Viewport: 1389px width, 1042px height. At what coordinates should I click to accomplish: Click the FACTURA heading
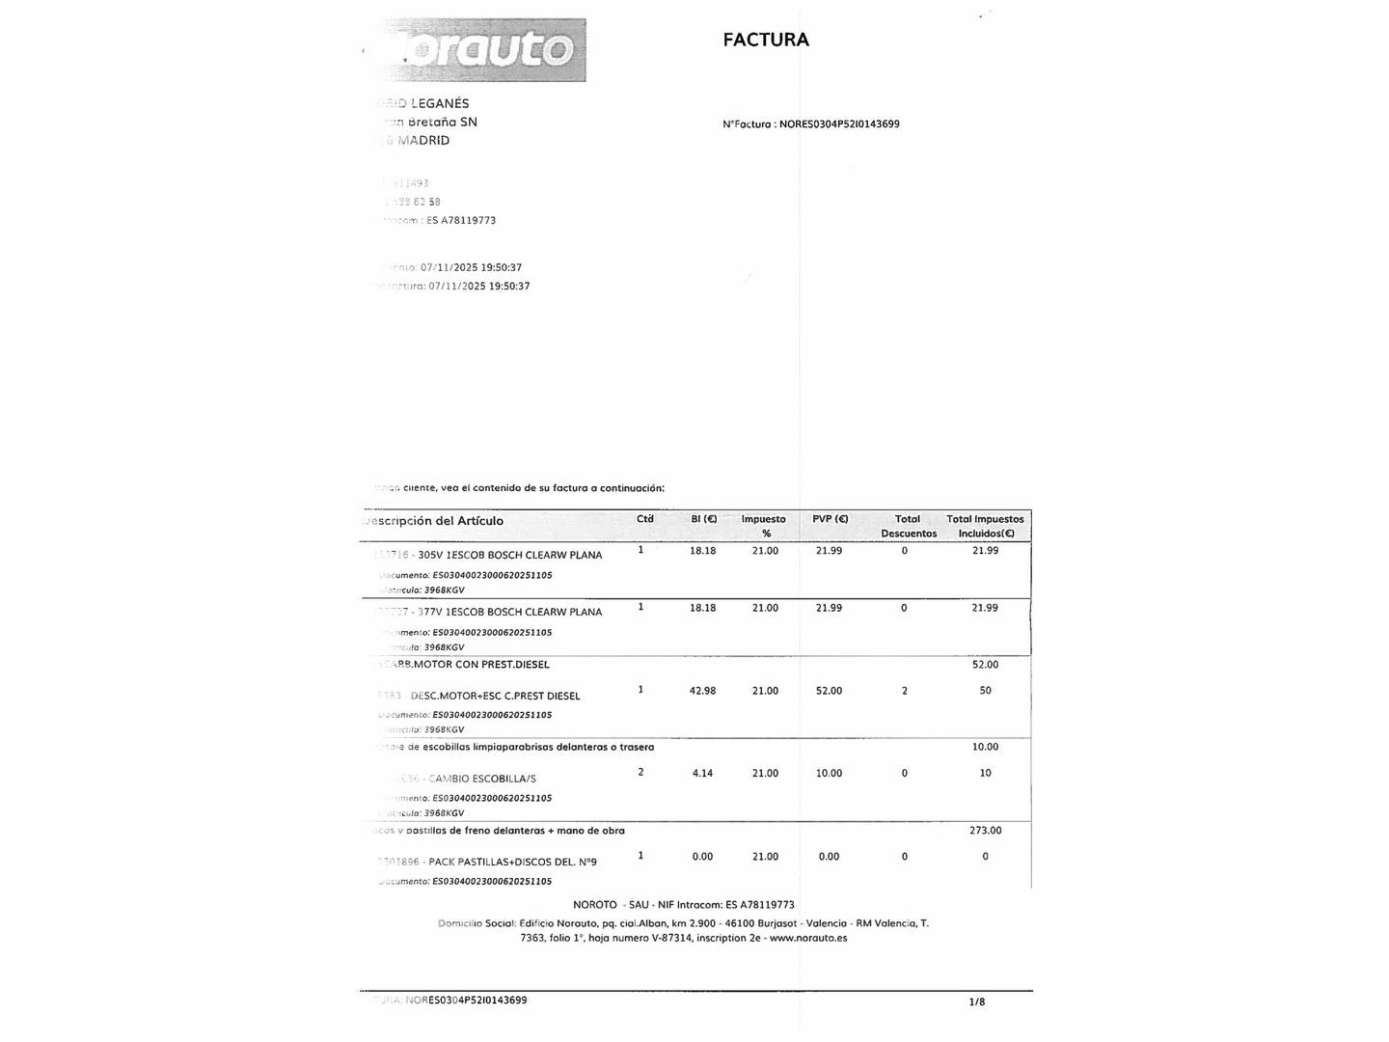(x=765, y=40)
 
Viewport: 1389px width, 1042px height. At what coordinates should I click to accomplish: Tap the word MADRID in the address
(x=423, y=141)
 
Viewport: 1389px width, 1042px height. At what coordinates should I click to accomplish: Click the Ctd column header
(x=644, y=519)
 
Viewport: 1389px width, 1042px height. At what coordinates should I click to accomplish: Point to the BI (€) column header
(x=703, y=519)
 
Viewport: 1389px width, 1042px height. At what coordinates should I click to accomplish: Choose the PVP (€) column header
(x=830, y=519)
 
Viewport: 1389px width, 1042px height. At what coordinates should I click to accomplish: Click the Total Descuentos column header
(x=908, y=526)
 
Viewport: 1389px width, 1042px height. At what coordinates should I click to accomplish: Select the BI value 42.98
(x=702, y=691)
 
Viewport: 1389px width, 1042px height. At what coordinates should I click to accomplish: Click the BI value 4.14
(x=702, y=774)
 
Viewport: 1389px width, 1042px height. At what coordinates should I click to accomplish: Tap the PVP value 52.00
(x=829, y=691)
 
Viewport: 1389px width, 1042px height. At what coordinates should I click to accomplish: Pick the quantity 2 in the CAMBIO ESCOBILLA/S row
(x=640, y=772)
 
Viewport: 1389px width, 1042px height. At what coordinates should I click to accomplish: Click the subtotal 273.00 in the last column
(x=985, y=831)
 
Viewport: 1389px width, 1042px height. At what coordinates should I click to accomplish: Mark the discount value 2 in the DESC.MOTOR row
(x=904, y=691)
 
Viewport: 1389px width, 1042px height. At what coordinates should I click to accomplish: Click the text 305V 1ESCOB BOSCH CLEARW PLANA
(x=509, y=556)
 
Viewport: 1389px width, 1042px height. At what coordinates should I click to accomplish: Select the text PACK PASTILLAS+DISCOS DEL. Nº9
(x=512, y=863)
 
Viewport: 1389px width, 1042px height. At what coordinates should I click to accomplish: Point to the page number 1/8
(x=977, y=1002)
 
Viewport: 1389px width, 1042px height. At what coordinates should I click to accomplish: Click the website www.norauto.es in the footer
(x=808, y=938)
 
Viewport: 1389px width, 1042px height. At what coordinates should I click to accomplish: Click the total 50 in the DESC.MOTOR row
(x=985, y=691)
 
